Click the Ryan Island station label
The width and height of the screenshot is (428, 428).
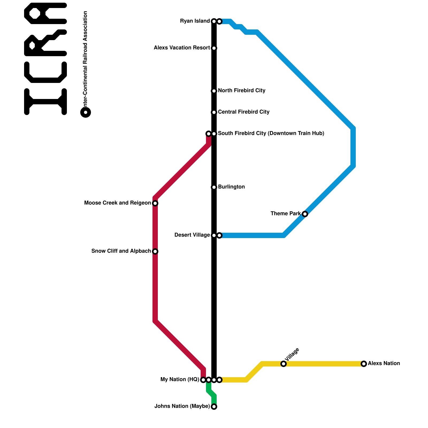pos(195,21)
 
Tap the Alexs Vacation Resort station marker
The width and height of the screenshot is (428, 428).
pos(214,48)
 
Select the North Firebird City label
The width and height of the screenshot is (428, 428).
pos(242,91)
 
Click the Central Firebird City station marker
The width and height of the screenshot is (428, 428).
pos(214,112)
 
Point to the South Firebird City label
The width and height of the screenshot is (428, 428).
pos(271,133)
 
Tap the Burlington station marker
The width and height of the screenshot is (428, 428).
pos(214,187)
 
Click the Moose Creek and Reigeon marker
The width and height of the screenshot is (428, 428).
pos(155,203)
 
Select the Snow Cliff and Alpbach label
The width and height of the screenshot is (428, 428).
pos(121,251)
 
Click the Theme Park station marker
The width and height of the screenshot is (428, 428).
pos(305,214)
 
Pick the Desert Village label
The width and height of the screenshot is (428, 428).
pos(192,235)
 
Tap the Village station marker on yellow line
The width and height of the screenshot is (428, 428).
pos(284,364)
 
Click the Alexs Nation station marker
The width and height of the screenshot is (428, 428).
pos(364,364)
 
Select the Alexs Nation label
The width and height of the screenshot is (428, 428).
pos(384,364)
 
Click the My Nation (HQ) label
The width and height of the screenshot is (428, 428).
pos(180,380)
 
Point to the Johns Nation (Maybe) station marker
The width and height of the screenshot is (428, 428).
pos(214,407)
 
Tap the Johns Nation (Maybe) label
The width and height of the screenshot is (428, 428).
pos(182,406)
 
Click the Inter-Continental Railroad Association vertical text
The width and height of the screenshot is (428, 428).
pos(85,59)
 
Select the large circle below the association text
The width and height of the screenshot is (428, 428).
pos(86,112)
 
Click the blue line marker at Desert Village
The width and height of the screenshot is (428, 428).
pos(219,235)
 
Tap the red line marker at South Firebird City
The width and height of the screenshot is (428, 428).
pos(209,134)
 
